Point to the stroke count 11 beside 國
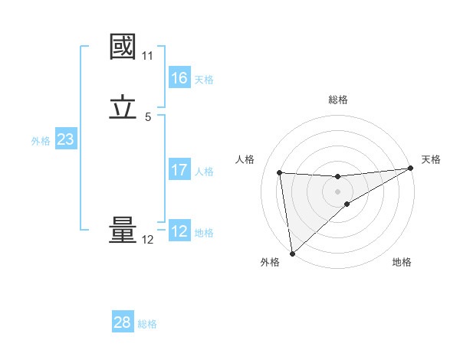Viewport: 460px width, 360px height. click(x=148, y=56)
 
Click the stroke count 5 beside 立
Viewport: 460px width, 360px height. click(x=148, y=117)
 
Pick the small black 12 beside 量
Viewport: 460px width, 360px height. click(x=148, y=240)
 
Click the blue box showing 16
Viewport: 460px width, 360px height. click(x=179, y=78)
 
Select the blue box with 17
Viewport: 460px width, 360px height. click(x=179, y=170)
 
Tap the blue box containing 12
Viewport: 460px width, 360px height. click(x=179, y=231)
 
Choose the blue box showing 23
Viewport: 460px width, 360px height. click(x=65, y=139)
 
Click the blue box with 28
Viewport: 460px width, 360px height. click(x=123, y=322)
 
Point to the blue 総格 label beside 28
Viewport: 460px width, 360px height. click(x=147, y=324)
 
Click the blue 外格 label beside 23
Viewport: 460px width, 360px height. click(x=41, y=141)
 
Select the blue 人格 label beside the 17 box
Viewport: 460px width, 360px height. click(x=205, y=172)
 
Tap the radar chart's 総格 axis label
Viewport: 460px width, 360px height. click(x=338, y=100)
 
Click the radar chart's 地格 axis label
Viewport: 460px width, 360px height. click(x=402, y=262)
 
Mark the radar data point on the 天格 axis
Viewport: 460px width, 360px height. click(x=411, y=169)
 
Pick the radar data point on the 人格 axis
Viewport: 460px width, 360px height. click(x=280, y=172)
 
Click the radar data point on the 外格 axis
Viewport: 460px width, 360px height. click(x=292, y=254)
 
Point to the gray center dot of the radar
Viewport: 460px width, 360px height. click(x=338, y=191)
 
